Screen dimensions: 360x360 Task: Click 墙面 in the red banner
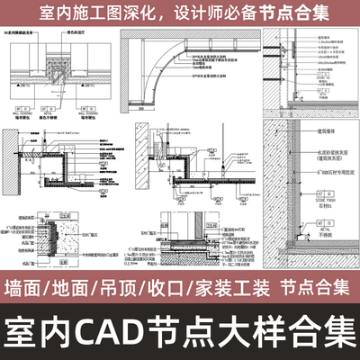click(x=27, y=288)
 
